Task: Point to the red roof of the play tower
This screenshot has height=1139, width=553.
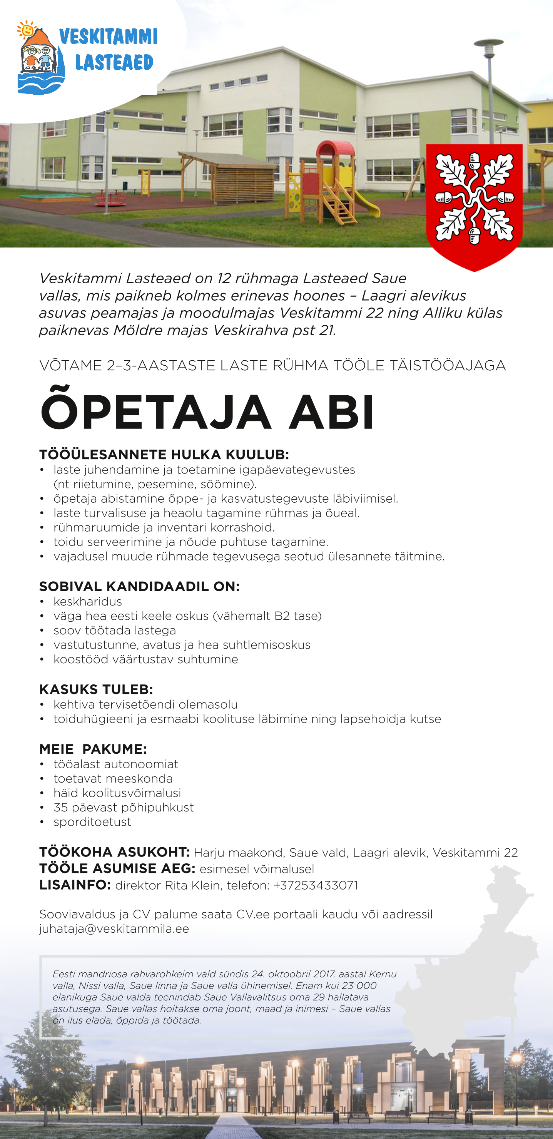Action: coord(336,148)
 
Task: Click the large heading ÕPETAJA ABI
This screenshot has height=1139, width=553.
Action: coord(207,411)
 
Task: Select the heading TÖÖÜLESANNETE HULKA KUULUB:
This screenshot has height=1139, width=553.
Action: coord(164,455)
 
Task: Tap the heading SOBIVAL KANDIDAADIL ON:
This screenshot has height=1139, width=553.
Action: coord(139,586)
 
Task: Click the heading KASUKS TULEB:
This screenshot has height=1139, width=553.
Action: coord(96,689)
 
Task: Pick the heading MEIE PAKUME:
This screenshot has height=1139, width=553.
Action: coord(93,749)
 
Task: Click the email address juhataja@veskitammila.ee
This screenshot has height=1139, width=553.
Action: coord(114,928)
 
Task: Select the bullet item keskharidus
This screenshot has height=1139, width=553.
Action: coord(87,601)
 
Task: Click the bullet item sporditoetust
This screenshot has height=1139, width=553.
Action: coord(92,821)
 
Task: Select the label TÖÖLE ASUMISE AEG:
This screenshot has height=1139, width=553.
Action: coord(117,868)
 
